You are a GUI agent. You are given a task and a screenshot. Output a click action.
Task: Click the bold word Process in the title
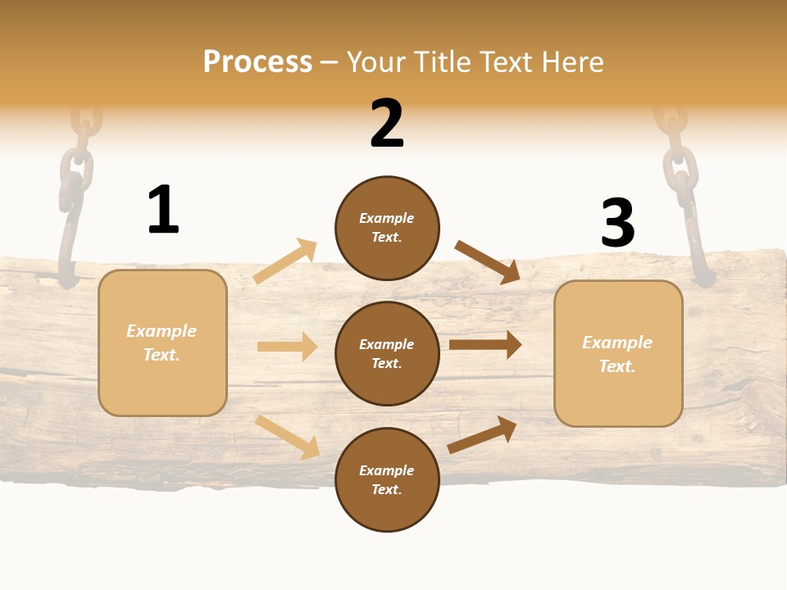(257, 62)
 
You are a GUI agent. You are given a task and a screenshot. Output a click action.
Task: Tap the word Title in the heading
(447, 62)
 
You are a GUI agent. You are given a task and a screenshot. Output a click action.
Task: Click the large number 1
(163, 210)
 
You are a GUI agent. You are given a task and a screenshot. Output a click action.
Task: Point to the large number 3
(617, 223)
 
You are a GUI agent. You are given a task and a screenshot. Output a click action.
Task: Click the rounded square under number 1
(162, 343)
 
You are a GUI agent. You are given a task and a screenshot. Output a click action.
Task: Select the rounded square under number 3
(618, 353)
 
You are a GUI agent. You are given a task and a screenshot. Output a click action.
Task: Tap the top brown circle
(387, 228)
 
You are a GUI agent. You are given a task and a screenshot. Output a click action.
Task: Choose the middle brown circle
(387, 353)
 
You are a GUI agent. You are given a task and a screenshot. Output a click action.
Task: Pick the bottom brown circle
(387, 479)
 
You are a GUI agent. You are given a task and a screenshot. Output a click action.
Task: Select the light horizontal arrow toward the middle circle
(287, 347)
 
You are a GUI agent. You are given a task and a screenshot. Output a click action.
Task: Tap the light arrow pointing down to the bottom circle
(287, 437)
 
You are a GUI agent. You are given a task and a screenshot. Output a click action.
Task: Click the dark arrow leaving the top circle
(488, 261)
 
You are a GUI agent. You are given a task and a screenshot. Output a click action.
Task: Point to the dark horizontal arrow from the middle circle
(485, 344)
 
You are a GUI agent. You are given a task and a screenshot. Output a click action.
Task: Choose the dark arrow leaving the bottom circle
(482, 434)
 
